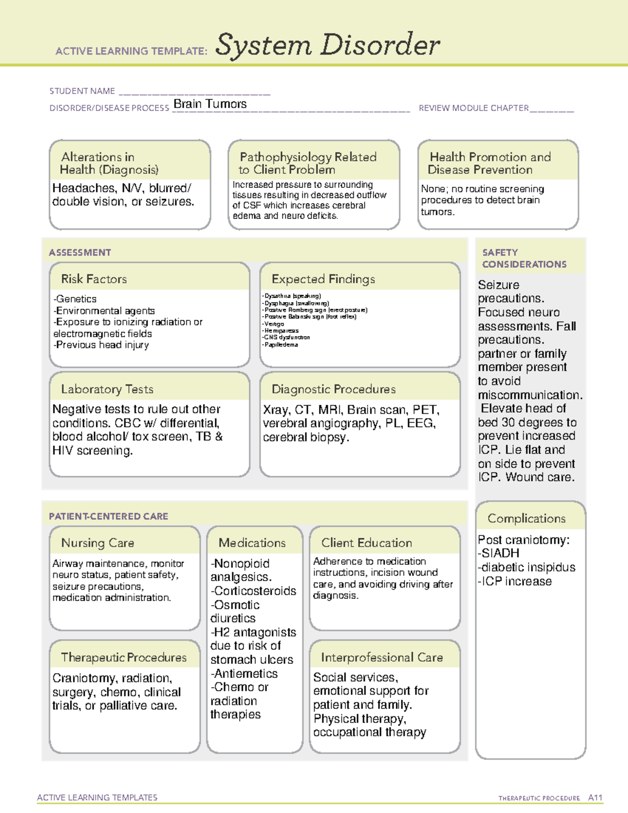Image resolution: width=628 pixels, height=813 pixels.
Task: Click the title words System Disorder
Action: [x=328, y=45]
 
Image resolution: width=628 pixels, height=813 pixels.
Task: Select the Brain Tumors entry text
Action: [x=210, y=104]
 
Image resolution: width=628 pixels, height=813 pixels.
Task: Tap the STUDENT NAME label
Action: [x=82, y=91]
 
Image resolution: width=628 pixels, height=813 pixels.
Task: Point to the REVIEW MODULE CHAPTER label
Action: [x=474, y=108]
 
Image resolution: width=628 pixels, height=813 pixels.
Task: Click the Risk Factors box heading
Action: [x=94, y=279]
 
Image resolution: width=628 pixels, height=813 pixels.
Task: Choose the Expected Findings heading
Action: [x=323, y=279]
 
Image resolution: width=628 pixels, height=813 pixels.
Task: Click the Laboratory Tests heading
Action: [x=107, y=389]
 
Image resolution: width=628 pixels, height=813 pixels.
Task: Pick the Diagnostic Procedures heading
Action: [x=333, y=389]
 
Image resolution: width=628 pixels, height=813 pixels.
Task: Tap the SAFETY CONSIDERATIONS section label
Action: [x=524, y=258]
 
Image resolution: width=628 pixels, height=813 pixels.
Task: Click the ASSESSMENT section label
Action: [x=80, y=252]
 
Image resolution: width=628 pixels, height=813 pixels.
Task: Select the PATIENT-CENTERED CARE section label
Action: [x=108, y=516]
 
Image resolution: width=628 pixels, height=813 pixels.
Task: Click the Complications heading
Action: [x=526, y=518]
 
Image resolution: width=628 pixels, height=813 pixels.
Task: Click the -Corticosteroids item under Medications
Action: [x=253, y=591]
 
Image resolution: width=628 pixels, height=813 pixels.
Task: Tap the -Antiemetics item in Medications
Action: [x=244, y=674]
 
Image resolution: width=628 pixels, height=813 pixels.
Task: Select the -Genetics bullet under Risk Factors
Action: [x=75, y=299]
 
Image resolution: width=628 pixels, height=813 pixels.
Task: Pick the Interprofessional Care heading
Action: [x=382, y=657]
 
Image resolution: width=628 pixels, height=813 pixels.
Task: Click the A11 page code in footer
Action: [x=595, y=797]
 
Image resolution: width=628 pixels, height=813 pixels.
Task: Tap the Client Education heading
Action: [x=366, y=543]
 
